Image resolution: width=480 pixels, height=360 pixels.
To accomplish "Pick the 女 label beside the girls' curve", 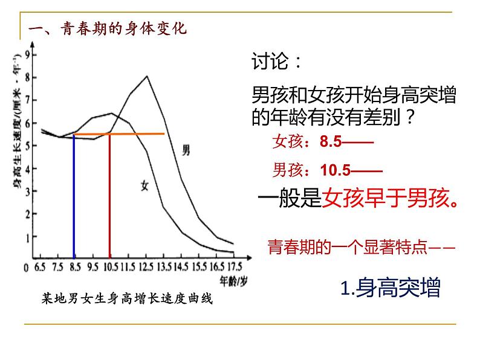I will pos(144,186).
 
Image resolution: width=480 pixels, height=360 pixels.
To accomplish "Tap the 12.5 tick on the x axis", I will pos(147,266).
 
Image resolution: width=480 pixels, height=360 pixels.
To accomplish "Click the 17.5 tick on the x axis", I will pos(234,266).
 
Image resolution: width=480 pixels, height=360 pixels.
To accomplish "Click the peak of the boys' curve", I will pos(147,76).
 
